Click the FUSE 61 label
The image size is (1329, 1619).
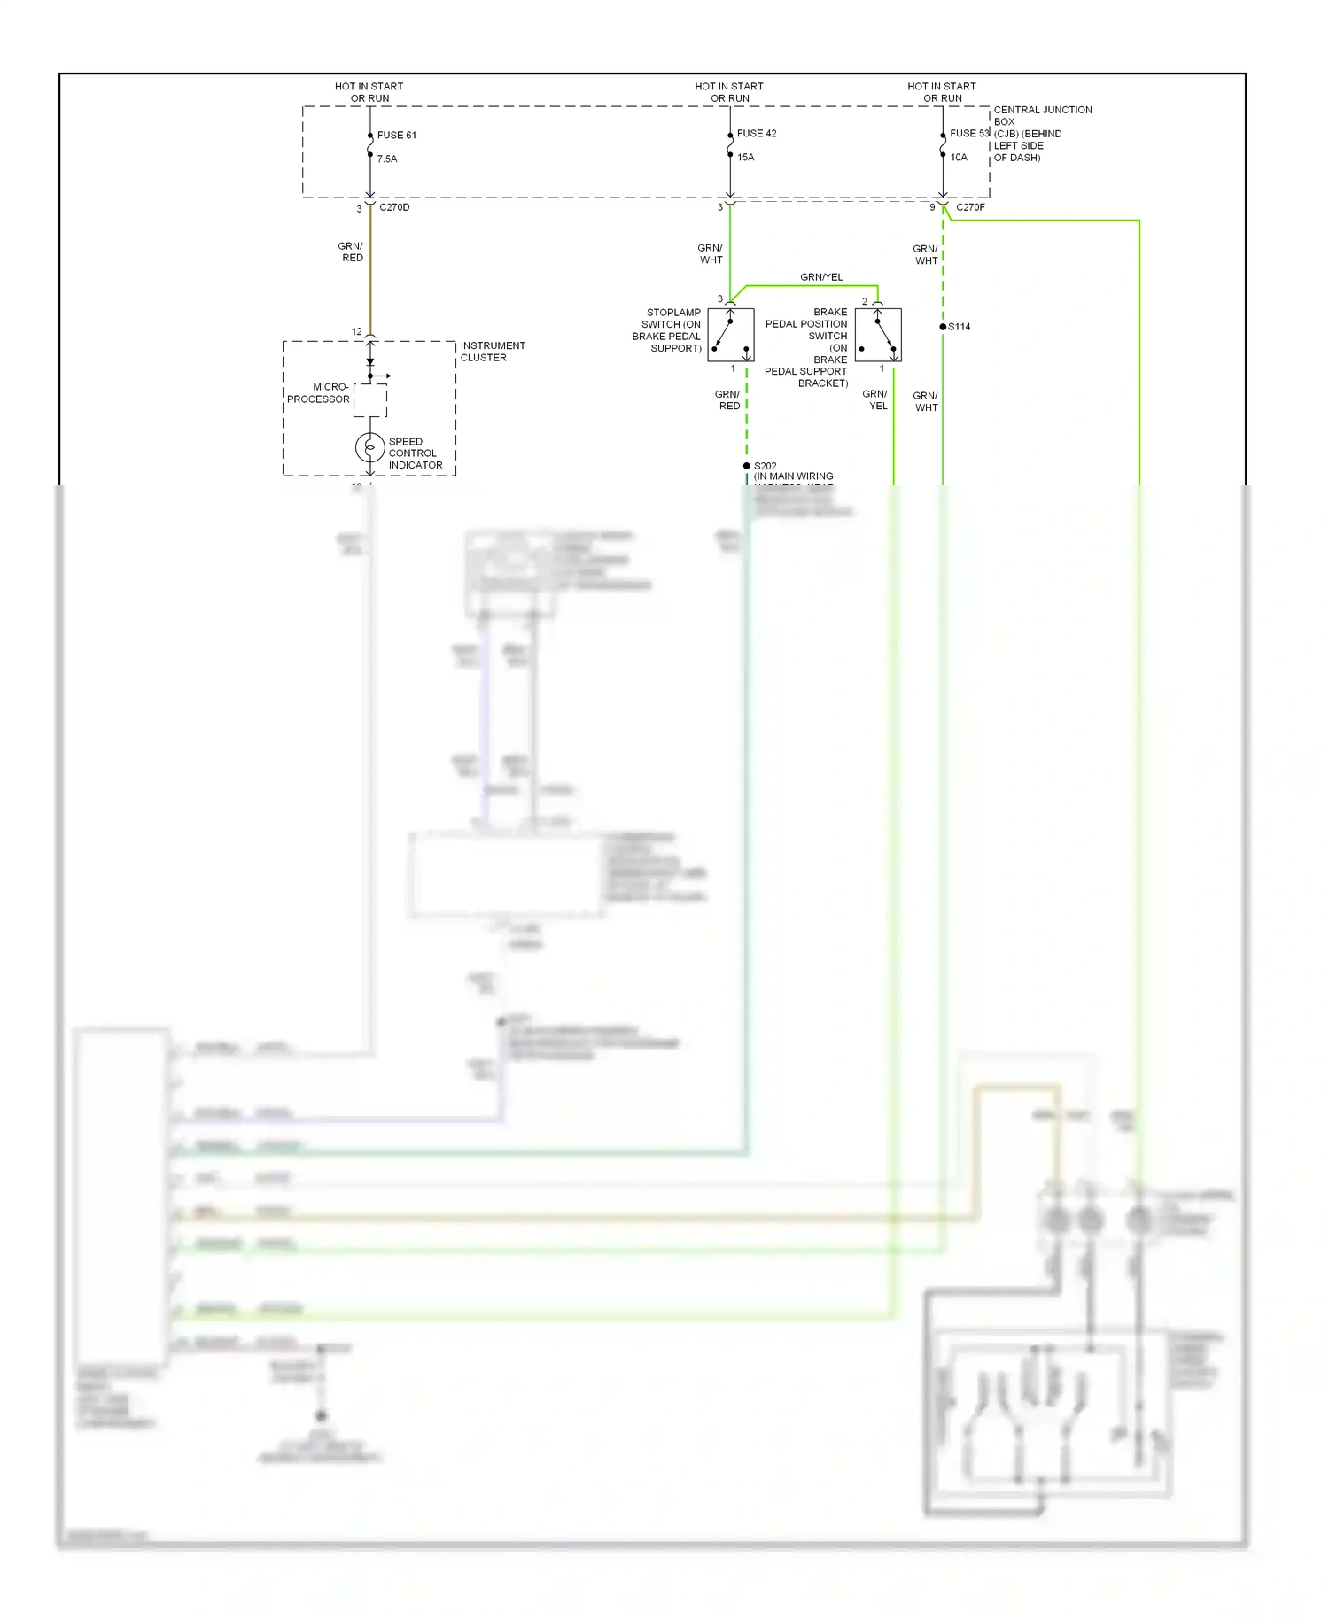pos(396,136)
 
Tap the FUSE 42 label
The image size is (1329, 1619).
pos(756,134)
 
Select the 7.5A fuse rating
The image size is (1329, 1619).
pos(387,159)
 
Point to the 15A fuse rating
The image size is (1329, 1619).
pos(745,158)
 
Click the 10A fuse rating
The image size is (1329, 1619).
pos(959,158)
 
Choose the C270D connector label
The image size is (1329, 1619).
pos(394,207)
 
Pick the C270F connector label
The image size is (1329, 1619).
pos(970,207)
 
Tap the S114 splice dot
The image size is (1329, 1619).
pos(943,327)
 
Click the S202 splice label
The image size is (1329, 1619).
pos(765,466)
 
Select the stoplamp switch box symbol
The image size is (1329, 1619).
pos(731,335)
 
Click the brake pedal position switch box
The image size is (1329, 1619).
pos(878,335)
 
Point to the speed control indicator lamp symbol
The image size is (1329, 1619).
pos(369,448)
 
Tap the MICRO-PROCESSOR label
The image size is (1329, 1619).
pos(318,393)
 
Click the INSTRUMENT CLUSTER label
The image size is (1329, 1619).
pos(493,352)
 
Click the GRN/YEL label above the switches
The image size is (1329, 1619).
pos(821,277)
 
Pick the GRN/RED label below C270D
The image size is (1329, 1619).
pos(351,252)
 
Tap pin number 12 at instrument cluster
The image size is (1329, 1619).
pos(357,332)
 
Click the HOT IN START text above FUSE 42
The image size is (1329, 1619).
pos(728,87)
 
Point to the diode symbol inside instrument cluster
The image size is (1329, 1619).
pos(370,362)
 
